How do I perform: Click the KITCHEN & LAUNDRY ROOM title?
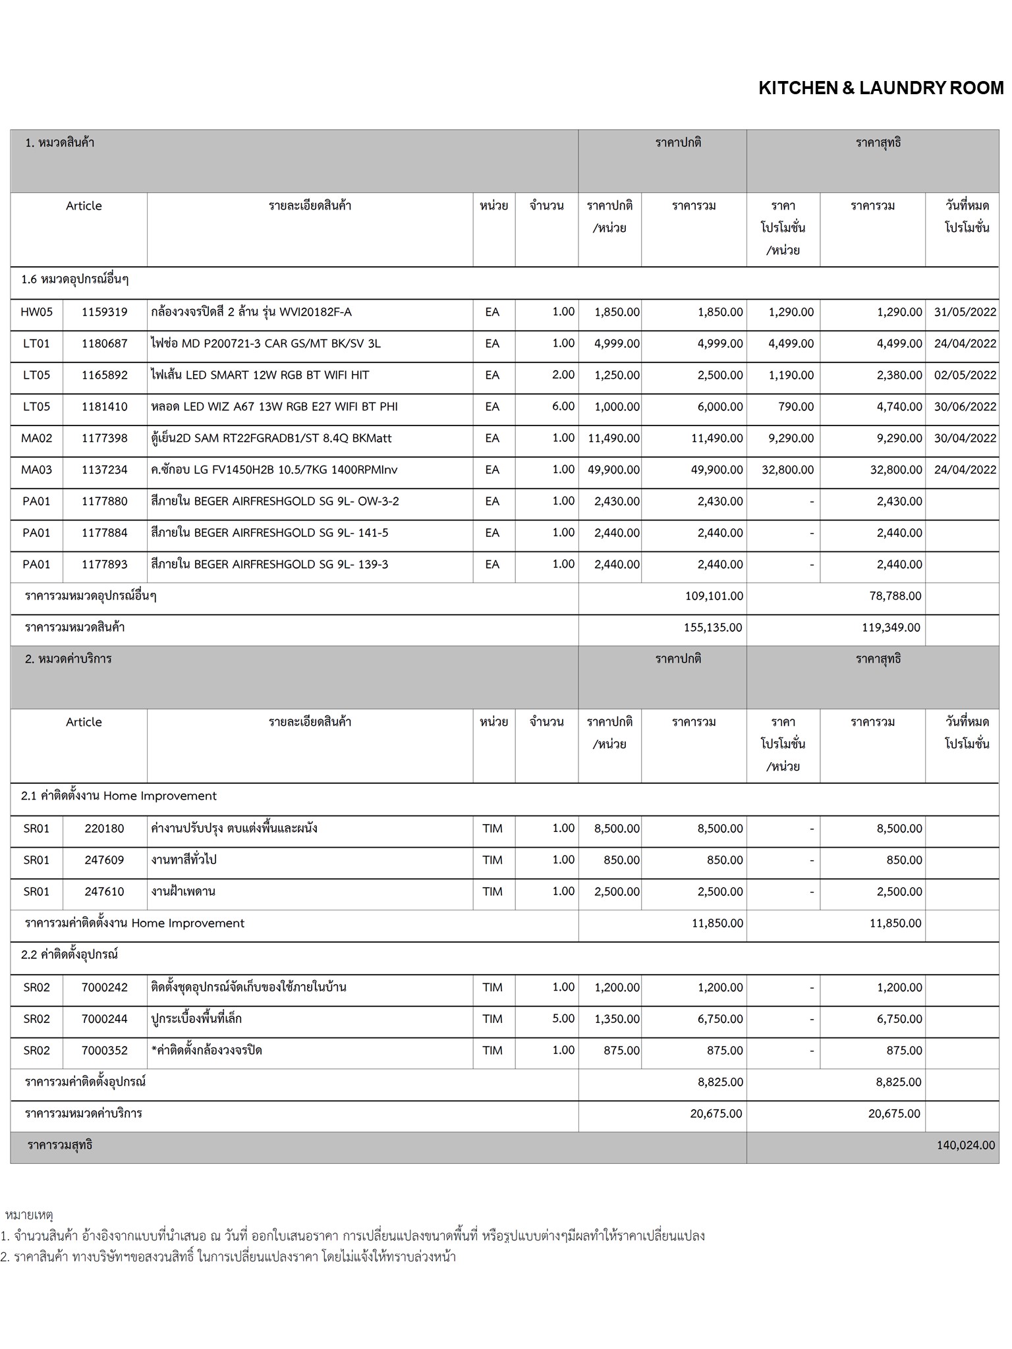coord(881,88)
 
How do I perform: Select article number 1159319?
coord(104,312)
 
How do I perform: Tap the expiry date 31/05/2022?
coord(965,312)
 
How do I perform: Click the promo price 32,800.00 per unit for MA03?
coord(787,470)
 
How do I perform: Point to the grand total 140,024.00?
coord(965,1145)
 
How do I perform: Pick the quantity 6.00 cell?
coord(563,406)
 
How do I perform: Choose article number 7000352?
coord(104,1051)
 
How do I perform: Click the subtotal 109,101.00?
coord(714,596)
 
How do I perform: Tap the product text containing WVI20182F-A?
coord(251,312)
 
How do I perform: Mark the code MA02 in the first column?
coord(36,439)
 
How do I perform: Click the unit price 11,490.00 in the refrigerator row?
coord(613,439)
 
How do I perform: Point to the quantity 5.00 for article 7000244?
coord(563,1019)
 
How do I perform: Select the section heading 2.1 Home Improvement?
coord(119,796)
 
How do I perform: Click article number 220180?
coord(104,829)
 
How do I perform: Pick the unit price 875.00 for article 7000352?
coord(621,1051)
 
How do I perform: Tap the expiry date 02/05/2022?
coord(965,375)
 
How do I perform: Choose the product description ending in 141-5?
coord(269,533)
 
